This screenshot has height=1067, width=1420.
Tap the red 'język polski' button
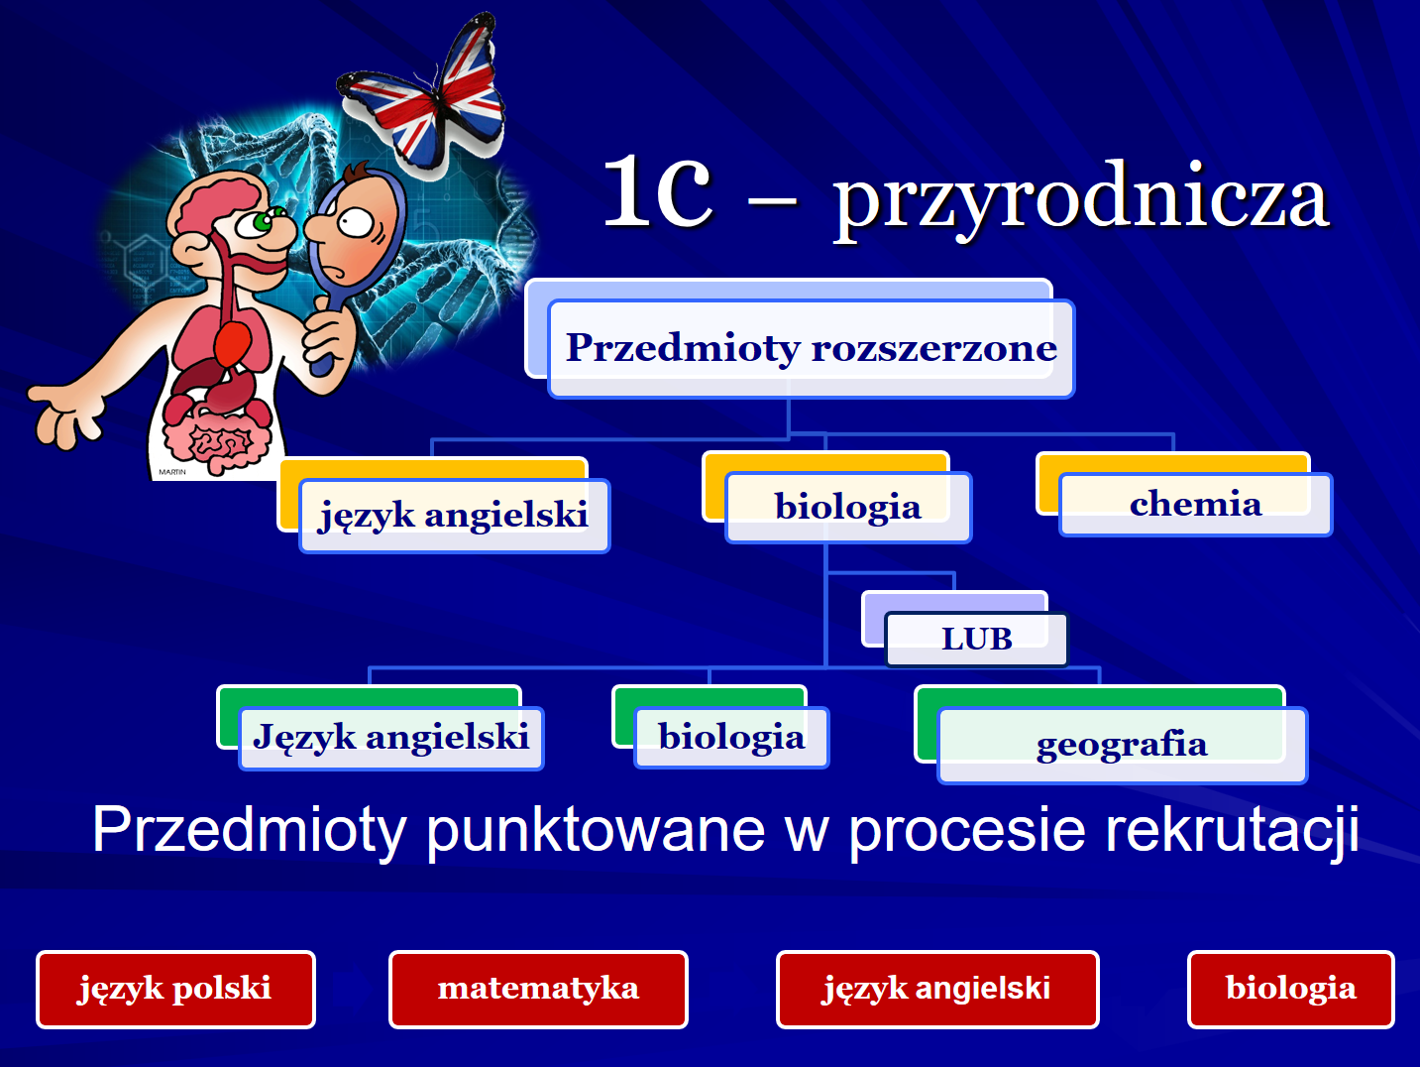175,990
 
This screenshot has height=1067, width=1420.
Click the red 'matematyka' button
538,990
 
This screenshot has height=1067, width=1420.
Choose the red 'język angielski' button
937,990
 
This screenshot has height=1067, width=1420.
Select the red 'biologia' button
1290,990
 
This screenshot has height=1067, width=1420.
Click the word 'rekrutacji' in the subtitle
1232,831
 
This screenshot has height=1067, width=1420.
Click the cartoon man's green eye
264,222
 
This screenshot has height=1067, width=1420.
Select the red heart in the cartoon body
232,343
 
